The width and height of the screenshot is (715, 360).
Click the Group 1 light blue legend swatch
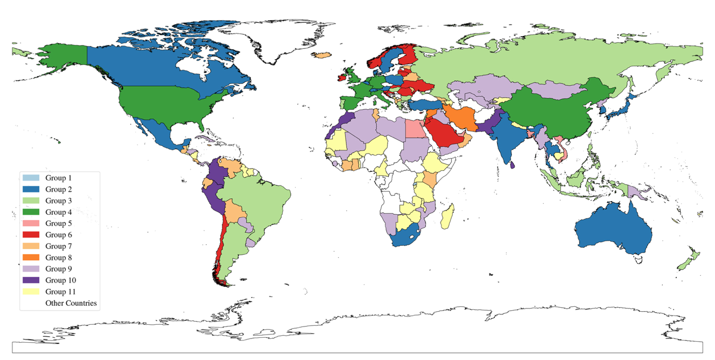[31, 178]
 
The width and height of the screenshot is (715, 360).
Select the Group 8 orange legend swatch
[31, 257]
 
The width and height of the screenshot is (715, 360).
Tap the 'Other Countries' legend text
[71, 303]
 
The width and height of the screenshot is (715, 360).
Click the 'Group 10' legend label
[61, 280]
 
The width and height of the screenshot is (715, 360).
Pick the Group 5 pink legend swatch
[31, 224]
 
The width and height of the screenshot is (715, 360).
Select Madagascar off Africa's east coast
[448, 216]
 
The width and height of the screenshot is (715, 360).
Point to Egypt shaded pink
[414, 129]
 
